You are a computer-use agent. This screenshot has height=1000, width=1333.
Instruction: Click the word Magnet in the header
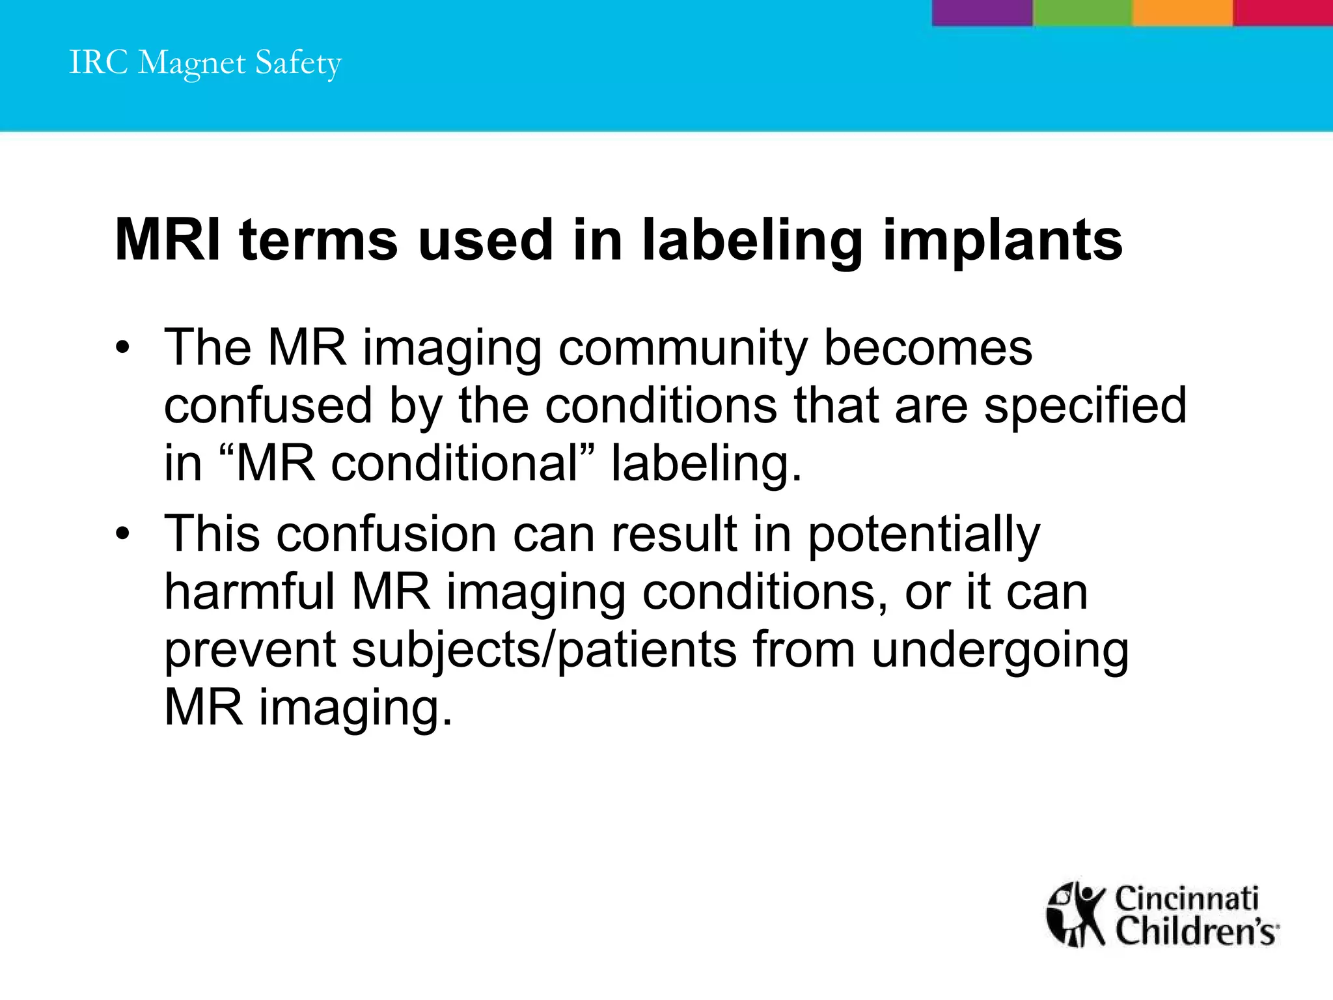tap(192, 64)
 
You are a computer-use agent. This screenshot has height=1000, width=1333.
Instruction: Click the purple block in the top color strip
tap(982, 12)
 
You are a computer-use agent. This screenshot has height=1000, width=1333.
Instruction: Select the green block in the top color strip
tap(1082, 12)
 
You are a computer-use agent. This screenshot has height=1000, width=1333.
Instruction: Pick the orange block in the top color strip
tap(1182, 12)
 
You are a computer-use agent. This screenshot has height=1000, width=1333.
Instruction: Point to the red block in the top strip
tap(1282, 12)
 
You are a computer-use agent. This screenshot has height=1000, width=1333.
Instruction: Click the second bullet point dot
tap(122, 535)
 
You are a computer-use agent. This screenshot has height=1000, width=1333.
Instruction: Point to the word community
tap(683, 348)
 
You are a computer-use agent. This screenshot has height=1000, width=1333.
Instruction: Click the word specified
tap(1085, 406)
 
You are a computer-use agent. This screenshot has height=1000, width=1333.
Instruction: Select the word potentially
tap(924, 535)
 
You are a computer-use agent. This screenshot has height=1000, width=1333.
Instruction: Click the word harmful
tap(249, 592)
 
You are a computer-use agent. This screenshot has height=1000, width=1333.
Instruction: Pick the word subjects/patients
tap(544, 650)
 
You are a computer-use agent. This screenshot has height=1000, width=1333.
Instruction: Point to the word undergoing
tap(1000, 650)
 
